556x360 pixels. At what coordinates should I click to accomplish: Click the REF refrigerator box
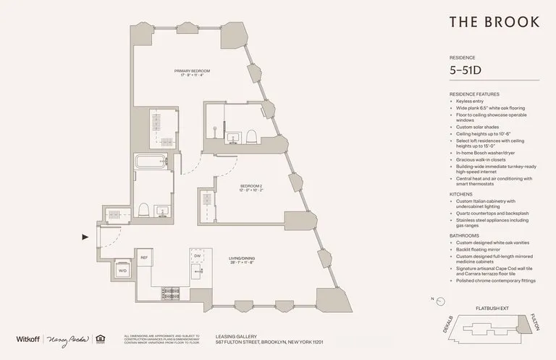tap(144, 257)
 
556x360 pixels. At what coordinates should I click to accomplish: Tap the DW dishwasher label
tap(197, 256)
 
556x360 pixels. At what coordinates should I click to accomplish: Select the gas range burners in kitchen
tap(171, 293)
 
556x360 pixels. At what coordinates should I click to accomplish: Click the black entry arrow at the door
tap(85, 236)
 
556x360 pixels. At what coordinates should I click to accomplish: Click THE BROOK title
tap(494, 22)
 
